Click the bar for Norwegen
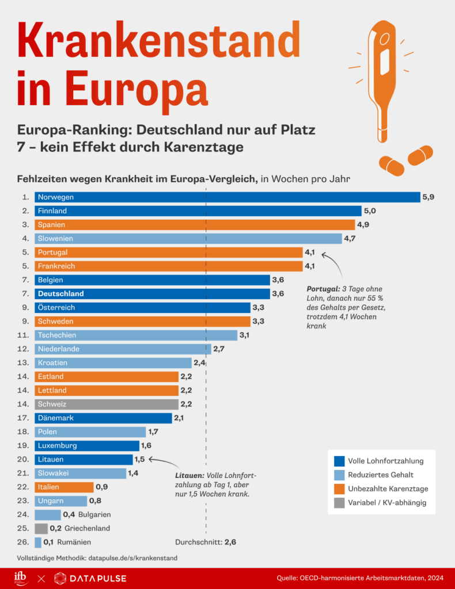(227, 197)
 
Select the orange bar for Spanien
(195, 224)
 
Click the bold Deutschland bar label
(60, 293)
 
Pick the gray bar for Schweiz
(106, 404)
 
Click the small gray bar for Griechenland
(41, 528)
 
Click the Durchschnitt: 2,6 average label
(205, 542)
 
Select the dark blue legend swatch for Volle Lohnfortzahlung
(339, 461)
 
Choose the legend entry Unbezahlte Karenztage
(388, 489)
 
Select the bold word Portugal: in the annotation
(323, 289)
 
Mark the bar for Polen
(90, 431)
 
